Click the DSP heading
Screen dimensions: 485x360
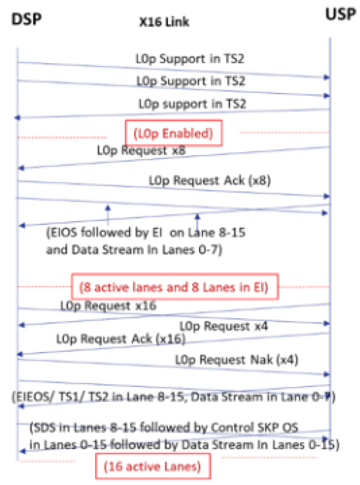26,19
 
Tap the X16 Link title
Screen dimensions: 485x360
164,22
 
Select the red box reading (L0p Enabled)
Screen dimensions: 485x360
174,134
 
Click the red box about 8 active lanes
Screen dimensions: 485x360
174,287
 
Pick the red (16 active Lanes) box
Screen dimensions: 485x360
153,467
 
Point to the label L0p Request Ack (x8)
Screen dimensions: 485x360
210,181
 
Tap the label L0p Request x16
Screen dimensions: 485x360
108,306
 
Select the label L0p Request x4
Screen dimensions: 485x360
224,326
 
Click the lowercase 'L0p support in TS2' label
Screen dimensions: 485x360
192,104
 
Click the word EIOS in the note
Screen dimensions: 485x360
62,233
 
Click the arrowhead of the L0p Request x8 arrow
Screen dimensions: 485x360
22,168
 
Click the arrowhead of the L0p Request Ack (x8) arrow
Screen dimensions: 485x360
326,196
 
